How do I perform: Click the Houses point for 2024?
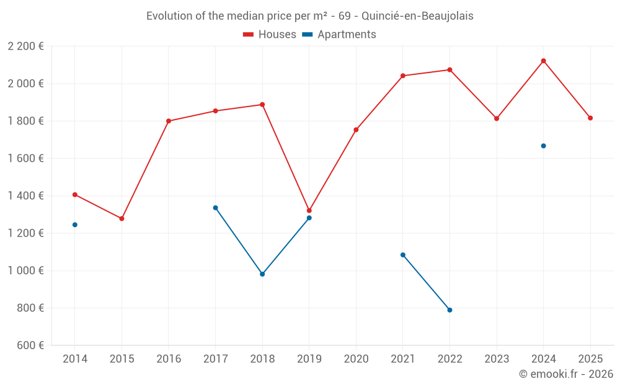tap(543, 61)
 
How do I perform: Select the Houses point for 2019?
tap(309, 211)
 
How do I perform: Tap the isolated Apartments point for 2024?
tap(543, 146)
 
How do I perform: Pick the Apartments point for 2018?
tap(262, 274)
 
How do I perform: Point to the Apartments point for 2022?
tap(449, 310)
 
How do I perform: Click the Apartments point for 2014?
tap(75, 225)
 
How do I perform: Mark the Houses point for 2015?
tap(122, 219)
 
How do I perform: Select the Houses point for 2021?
tap(403, 76)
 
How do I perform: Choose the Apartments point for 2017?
tap(215, 208)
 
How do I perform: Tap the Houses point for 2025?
tap(590, 118)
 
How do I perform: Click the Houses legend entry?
tap(270, 35)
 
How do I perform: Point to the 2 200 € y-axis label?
tap(25, 46)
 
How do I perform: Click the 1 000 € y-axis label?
tap(25, 271)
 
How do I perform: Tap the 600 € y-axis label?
tap(29, 346)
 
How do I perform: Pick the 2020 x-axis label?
tap(356, 359)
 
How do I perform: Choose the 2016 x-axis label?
tap(169, 359)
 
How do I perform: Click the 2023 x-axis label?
tap(497, 359)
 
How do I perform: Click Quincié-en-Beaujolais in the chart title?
tap(422, 16)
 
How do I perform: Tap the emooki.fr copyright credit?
tap(565, 374)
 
